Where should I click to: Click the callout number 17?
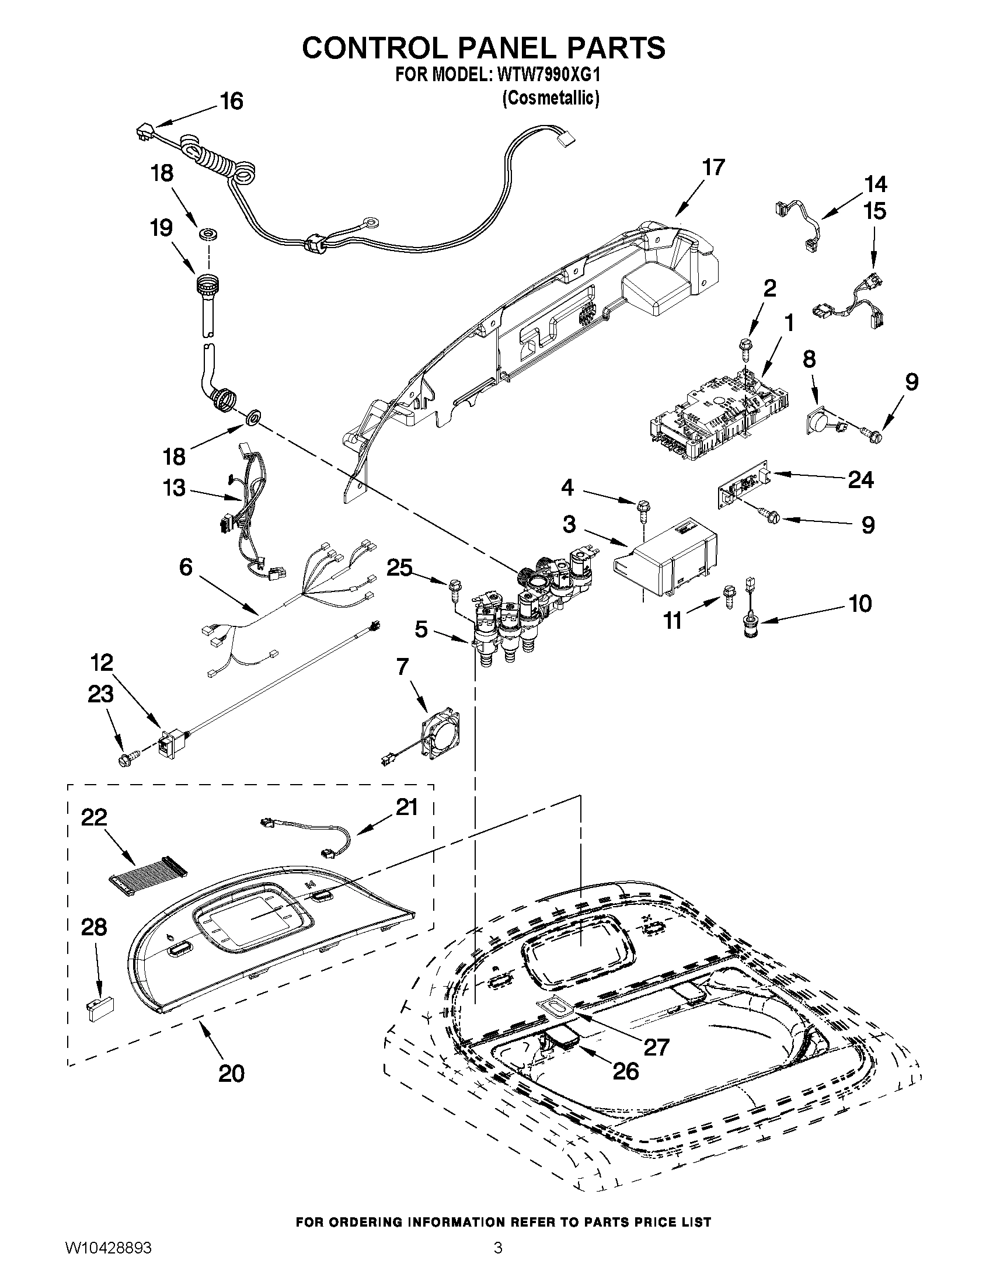pyautogui.click(x=713, y=168)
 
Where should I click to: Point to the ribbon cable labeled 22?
pyautogui.click(x=148, y=881)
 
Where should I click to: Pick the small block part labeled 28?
pyautogui.click(x=100, y=1008)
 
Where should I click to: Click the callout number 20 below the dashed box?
pyautogui.click(x=231, y=1073)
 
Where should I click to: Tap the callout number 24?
pyautogui.click(x=860, y=479)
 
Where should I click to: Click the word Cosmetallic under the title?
pyautogui.click(x=550, y=98)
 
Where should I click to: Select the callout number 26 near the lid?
pyautogui.click(x=625, y=1071)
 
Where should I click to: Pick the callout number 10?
pyautogui.click(x=860, y=604)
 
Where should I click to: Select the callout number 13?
pyautogui.click(x=173, y=487)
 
